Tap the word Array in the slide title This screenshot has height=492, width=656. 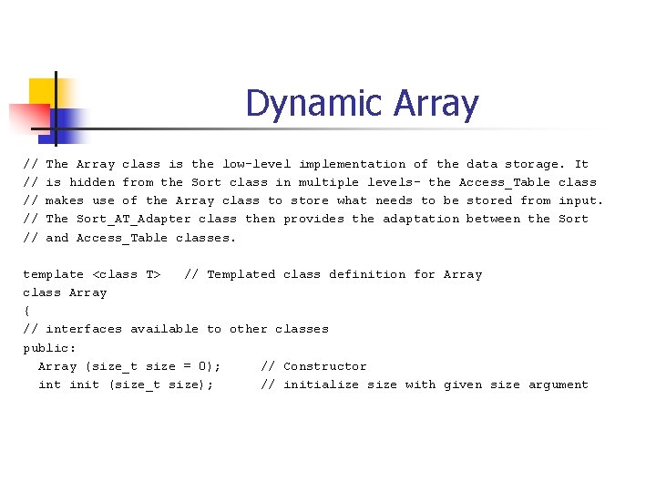click(436, 105)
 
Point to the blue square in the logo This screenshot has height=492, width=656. click(68, 120)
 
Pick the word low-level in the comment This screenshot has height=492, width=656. click(256, 164)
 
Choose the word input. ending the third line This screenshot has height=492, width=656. click(580, 200)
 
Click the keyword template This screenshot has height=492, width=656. click(53, 274)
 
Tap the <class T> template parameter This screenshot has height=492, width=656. click(128, 274)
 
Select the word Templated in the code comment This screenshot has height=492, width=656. click(241, 274)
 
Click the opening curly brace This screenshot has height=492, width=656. click(26, 311)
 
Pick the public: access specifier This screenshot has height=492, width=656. click(49, 348)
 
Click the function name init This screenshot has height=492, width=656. click(84, 384)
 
